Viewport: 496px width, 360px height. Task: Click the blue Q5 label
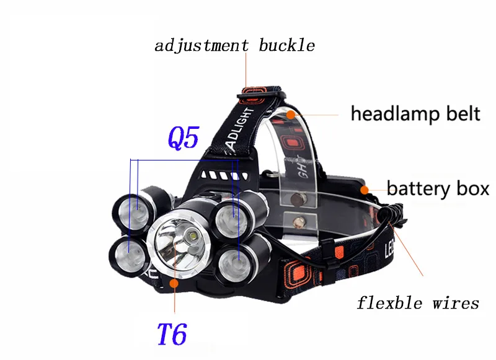click(x=184, y=138)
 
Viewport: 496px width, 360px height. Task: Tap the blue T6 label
click(x=172, y=333)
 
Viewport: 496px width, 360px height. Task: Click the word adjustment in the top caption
click(x=201, y=45)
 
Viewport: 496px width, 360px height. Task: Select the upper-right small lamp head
click(x=233, y=214)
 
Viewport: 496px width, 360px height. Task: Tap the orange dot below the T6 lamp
click(x=174, y=284)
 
